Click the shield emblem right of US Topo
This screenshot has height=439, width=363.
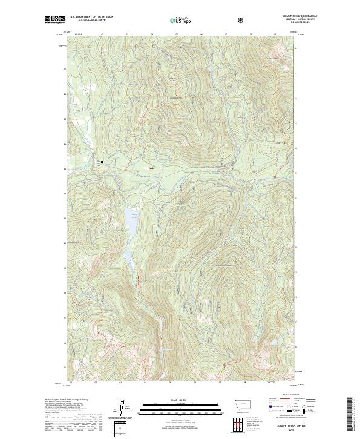tap(242, 20)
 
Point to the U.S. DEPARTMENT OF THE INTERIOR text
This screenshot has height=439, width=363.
tap(91, 17)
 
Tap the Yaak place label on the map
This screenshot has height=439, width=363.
tap(151, 168)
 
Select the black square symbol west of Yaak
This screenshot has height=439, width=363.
tap(102, 162)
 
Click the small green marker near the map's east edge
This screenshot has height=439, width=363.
tap(286, 176)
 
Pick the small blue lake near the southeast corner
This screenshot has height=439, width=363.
tap(262, 358)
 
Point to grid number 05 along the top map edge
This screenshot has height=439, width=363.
tap(176, 35)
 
